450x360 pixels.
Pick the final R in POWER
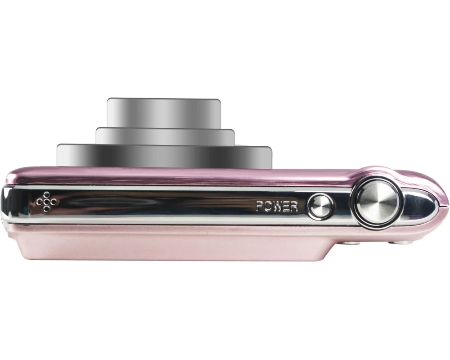tap(294, 207)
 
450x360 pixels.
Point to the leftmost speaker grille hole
tap(40, 202)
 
